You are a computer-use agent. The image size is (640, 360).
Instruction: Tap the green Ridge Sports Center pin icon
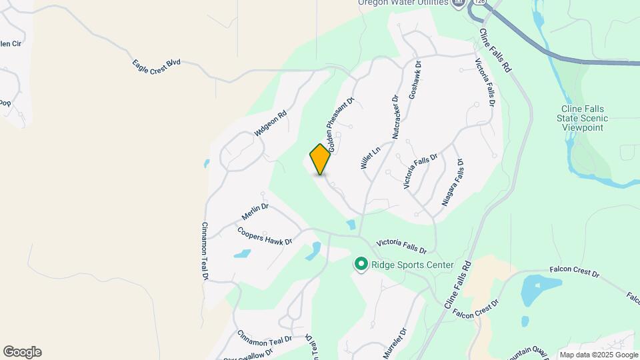pos(361,265)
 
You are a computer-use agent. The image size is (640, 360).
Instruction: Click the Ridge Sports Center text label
pos(412,265)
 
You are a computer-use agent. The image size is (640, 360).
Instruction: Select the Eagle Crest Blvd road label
pos(156,66)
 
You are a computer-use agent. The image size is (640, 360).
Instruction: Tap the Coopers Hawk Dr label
pos(265,235)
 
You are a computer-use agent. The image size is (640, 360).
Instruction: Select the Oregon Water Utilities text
pos(403,3)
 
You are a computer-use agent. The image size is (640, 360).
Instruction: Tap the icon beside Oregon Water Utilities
pos(458,3)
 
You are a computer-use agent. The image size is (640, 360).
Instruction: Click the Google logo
pos(22,352)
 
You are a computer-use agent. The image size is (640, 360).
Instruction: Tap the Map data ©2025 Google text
pos(598,355)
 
